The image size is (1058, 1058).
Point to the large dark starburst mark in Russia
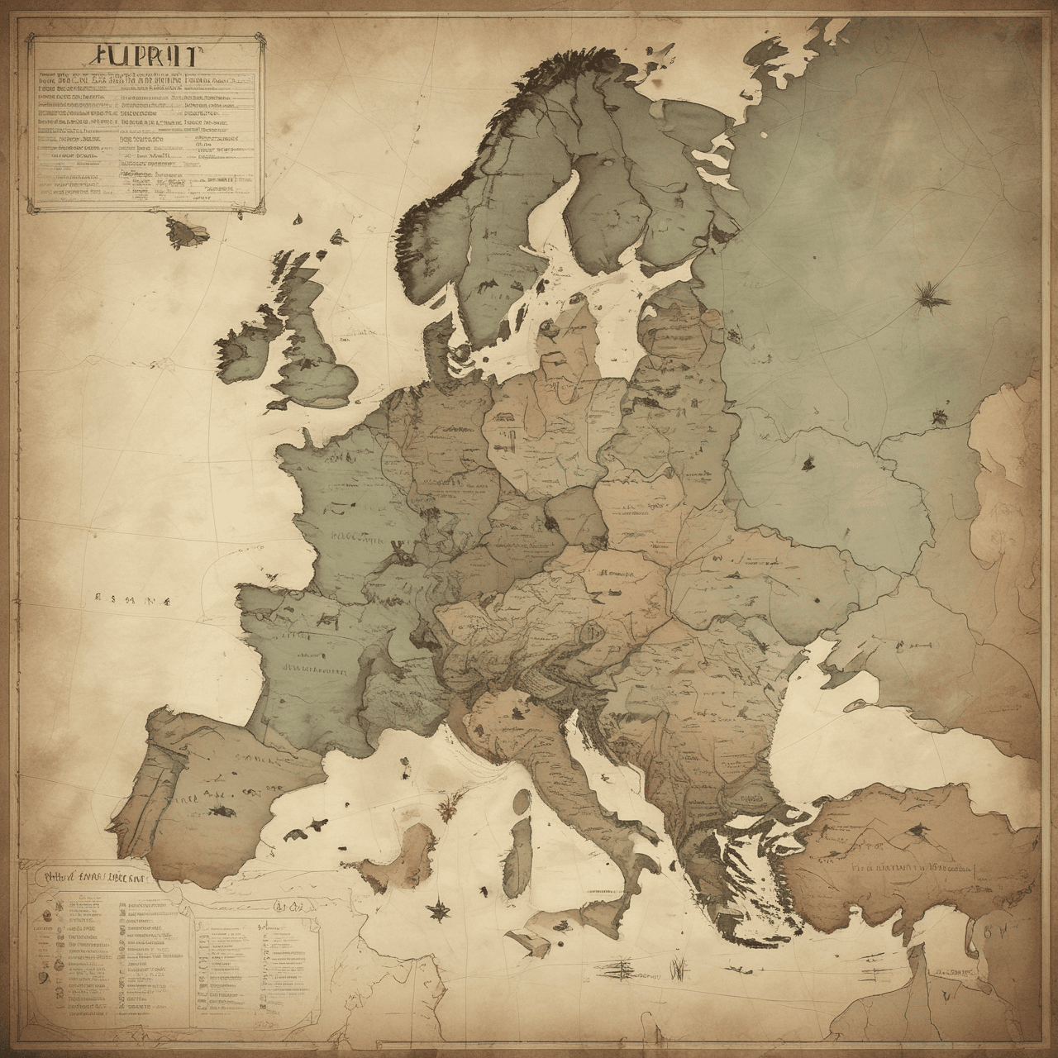pyautogui.click(x=927, y=295)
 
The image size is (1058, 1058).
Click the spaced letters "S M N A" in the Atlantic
pyautogui.click(x=132, y=601)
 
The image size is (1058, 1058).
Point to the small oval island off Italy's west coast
pyautogui.click(x=522, y=801)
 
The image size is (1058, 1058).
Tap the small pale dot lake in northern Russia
pyautogui.click(x=766, y=135)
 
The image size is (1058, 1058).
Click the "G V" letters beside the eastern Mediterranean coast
pyautogui.click(x=994, y=929)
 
